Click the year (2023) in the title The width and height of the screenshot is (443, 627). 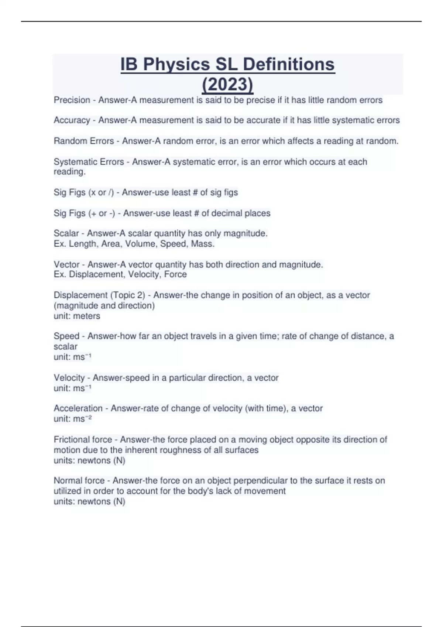tap(227, 84)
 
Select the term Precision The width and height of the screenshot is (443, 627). tap(72, 100)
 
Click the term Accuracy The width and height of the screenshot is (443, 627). tap(72, 120)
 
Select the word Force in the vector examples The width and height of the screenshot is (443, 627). tap(175, 274)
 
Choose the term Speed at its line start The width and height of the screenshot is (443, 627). tap(66, 336)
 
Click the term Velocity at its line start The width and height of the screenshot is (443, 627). tap(69, 378)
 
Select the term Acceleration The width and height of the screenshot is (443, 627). tap(78, 408)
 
